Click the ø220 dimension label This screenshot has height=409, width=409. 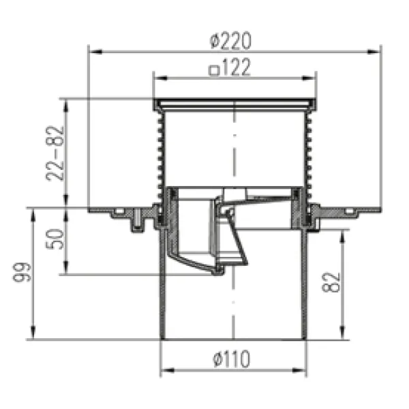point(230,40)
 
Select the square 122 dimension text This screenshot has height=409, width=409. point(230,67)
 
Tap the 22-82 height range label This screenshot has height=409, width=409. point(55,153)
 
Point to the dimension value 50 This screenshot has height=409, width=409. point(55,239)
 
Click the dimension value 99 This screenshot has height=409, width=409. point(22,272)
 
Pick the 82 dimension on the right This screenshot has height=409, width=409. point(331,282)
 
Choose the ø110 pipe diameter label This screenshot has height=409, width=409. point(232,359)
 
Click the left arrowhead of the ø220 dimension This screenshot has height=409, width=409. point(95,52)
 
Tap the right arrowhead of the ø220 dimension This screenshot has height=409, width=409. point(374,52)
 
